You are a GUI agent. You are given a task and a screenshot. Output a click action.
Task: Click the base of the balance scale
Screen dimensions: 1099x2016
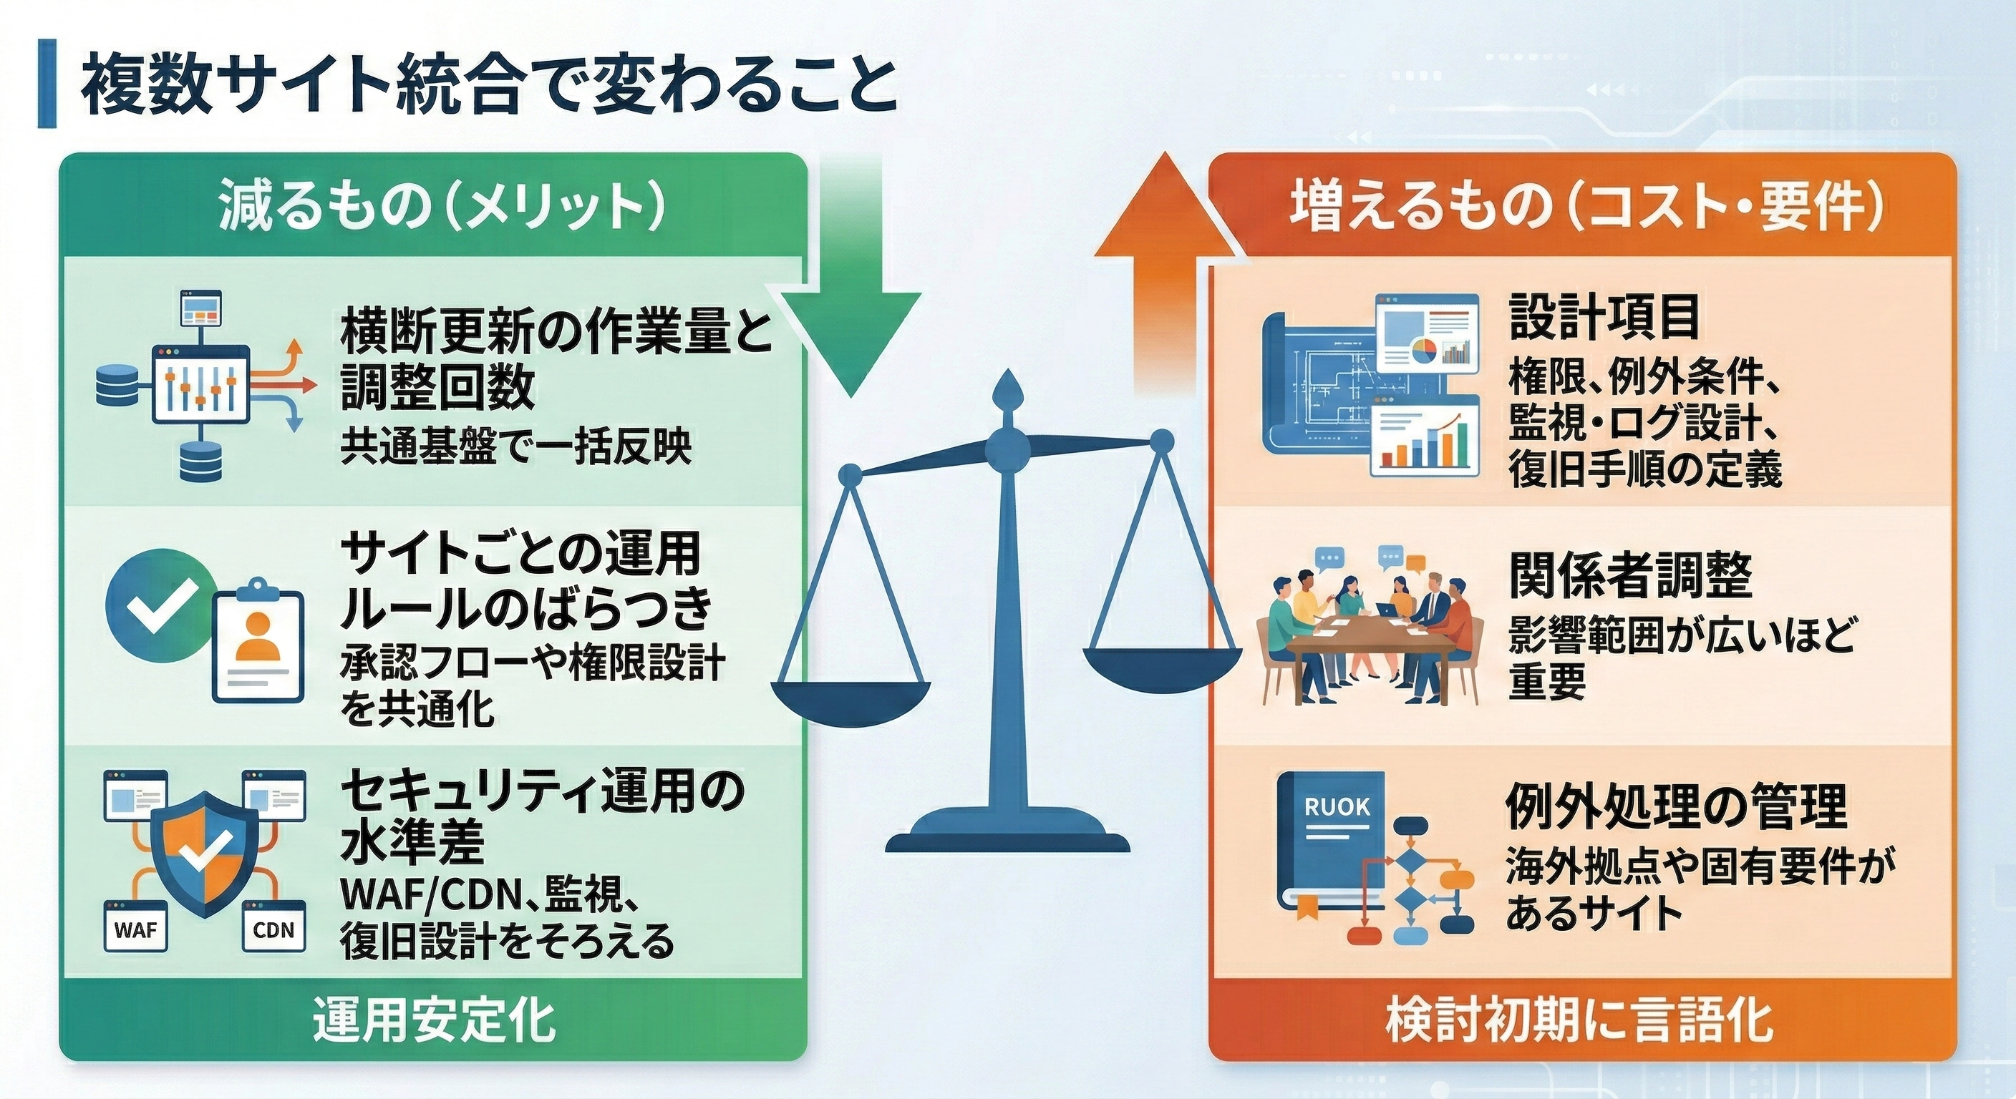coord(1007,837)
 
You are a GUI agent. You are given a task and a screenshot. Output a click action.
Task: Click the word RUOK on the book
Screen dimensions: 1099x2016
coord(1337,807)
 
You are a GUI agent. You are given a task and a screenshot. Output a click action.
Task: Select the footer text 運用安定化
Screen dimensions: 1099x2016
coord(434,1020)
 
